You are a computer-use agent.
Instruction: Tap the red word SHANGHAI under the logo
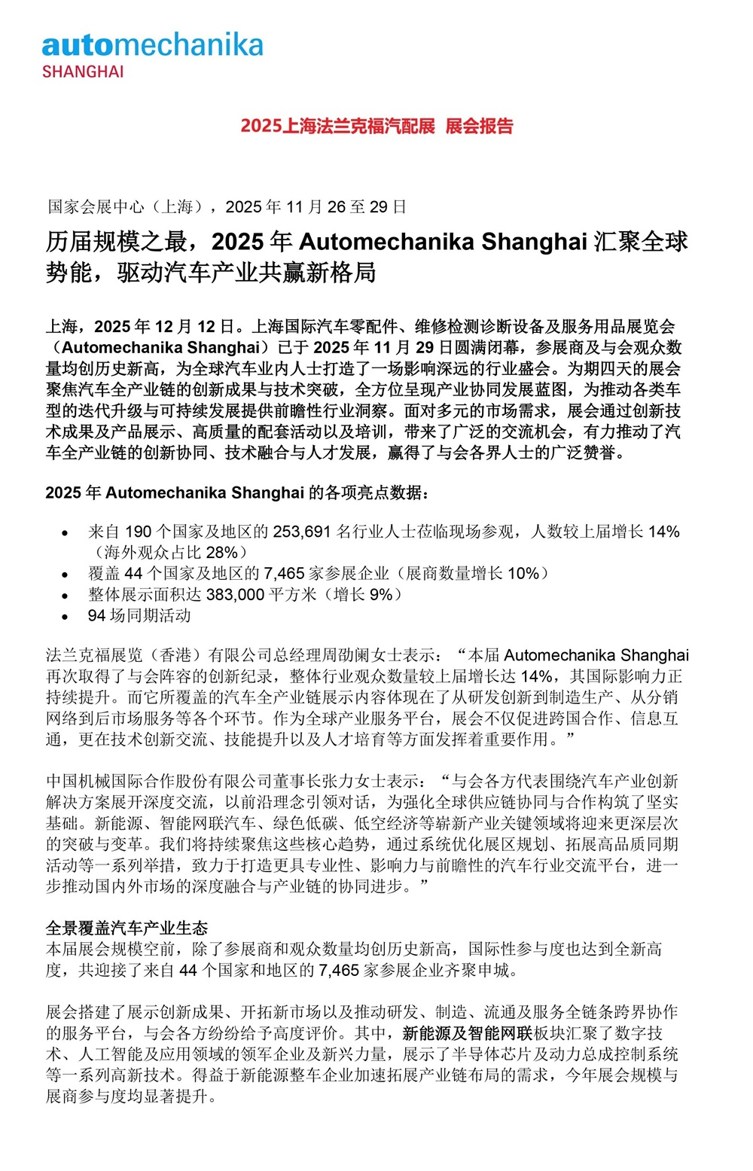pos(83,72)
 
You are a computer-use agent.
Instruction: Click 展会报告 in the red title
pos(479,126)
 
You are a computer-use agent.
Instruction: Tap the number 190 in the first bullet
pos(138,532)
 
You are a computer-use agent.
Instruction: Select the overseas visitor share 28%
pos(221,553)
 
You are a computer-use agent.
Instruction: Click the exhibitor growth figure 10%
pos(523,574)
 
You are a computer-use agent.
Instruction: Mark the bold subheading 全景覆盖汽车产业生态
pos(127,928)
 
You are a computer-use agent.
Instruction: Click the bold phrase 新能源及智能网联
pos(468,1033)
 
